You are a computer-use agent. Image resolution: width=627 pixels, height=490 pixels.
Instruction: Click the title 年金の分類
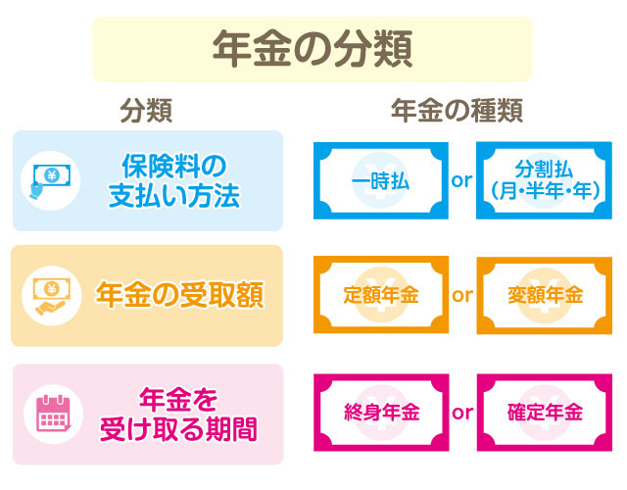pyautogui.click(x=312, y=47)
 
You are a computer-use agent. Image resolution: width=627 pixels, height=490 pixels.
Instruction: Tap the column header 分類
pyautogui.click(x=146, y=112)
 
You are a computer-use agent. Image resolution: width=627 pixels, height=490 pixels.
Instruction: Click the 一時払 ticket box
pyautogui.click(x=381, y=180)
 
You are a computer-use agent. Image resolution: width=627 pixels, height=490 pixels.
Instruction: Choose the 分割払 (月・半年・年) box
pyautogui.click(x=542, y=180)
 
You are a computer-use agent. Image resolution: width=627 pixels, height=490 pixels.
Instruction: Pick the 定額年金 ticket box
pyautogui.click(x=381, y=295)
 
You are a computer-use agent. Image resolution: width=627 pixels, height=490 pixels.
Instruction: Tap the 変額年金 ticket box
pyautogui.click(x=542, y=295)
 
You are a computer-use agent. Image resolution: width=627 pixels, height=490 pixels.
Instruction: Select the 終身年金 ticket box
pyautogui.click(x=381, y=412)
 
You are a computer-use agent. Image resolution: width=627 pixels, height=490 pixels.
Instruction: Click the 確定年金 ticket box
pyautogui.click(x=542, y=412)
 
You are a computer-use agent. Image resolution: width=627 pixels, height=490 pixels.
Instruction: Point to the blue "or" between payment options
pyautogui.click(x=461, y=181)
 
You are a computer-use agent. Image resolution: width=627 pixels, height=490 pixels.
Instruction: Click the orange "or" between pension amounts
pyautogui.click(x=461, y=295)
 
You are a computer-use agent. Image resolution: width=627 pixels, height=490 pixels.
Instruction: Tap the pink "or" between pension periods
pyautogui.click(x=461, y=412)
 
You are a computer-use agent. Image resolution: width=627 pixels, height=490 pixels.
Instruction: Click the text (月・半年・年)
pyautogui.click(x=542, y=193)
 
